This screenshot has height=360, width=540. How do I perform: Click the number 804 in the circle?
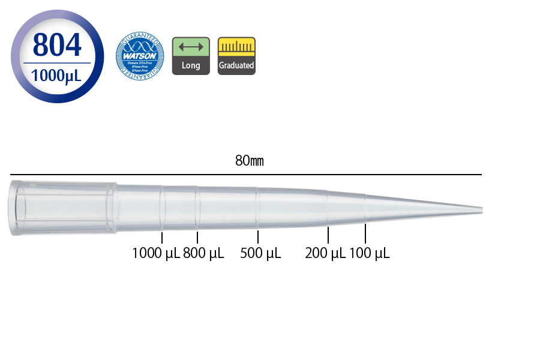pos(57,45)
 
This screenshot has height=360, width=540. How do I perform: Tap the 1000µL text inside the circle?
pos(57,76)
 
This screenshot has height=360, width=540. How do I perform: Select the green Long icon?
pos(191,56)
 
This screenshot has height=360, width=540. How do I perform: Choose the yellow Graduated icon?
pos(236,56)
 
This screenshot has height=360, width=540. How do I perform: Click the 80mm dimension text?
pos(249,161)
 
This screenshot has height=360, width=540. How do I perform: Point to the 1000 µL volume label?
pos(156,253)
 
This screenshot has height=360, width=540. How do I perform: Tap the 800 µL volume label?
pos(203,253)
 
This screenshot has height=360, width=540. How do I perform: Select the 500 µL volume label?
pos(260,253)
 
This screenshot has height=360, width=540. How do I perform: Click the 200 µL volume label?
pos(325,253)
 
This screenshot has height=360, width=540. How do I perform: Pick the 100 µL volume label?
pos(370,253)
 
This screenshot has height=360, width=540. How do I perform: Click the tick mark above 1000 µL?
pos(162,237)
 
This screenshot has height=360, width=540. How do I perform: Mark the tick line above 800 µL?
pos(197,237)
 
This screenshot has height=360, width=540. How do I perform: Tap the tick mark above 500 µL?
pos(258,237)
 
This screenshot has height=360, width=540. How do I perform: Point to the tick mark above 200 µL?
pos(328,235)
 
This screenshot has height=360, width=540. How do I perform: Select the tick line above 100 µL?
pos(365,233)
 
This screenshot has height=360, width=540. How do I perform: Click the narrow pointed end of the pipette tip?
pos(477,210)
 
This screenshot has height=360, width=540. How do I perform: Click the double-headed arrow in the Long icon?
pos(191,47)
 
